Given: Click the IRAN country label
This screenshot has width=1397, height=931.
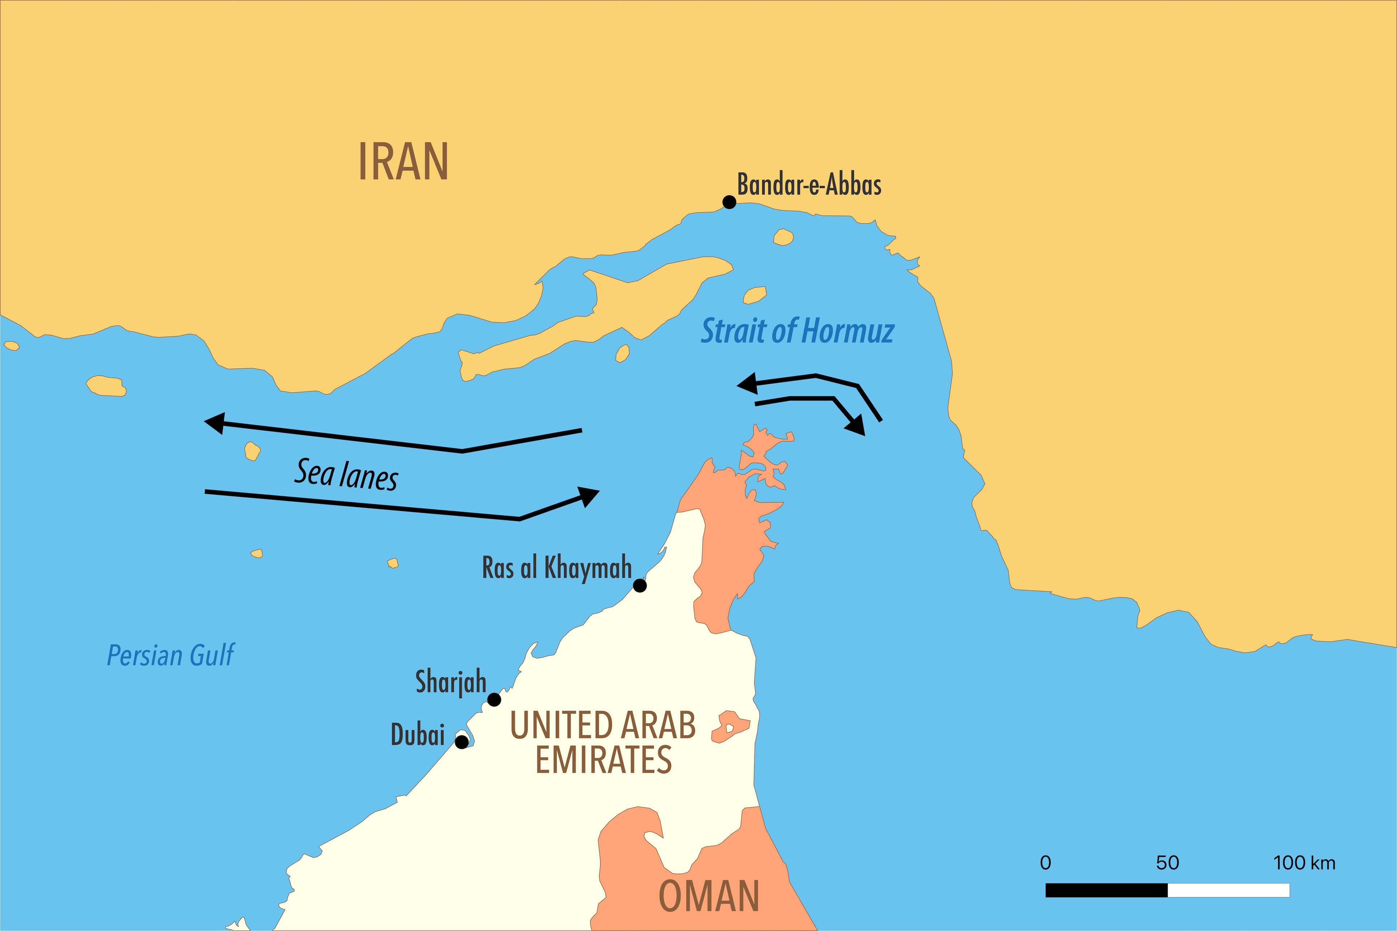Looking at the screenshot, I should (x=403, y=162).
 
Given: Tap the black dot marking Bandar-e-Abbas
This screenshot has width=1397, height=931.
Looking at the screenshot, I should (x=729, y=202).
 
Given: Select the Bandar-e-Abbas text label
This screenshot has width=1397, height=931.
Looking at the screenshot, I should (x=809, y=185).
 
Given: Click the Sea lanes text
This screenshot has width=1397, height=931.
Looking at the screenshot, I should (x=346, y=475).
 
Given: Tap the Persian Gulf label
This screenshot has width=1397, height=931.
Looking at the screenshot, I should (x=171, y=656).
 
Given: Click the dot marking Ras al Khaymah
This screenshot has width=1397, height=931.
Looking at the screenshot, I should (x=640, y=585).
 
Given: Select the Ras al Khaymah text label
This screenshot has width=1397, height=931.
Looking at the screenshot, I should (x=556, y=568).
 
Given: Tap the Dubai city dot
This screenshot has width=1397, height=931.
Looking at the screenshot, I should (x=461, y=742).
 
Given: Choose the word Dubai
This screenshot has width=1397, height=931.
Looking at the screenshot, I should (x=418, y=735).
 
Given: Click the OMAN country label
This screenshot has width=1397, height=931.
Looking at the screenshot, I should (x=709, y=897).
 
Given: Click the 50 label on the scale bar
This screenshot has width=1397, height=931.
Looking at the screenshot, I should (x=1167, y=863).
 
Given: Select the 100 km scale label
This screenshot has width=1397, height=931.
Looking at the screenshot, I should (x=1304, y=863).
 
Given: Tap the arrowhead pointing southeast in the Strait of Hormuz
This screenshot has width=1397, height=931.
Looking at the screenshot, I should (x=855, y=425).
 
